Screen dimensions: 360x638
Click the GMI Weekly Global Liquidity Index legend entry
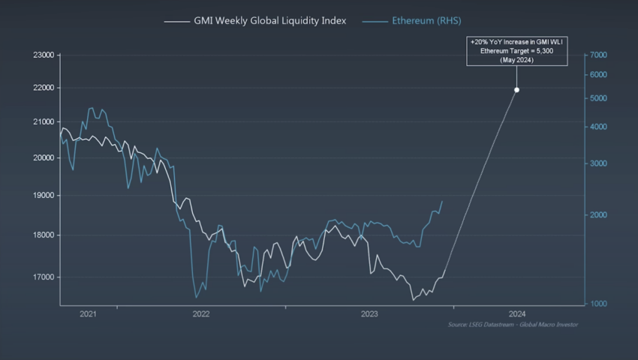255,21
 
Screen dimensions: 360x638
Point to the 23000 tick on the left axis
44,55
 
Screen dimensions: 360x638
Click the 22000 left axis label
44,88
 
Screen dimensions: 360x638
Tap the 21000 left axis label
44,121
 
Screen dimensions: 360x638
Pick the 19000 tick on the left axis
44,196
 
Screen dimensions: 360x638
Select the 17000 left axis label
44,277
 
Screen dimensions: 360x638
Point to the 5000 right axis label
598,98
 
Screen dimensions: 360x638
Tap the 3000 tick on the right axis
598,163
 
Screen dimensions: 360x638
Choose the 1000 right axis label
598,304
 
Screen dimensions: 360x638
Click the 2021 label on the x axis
88,314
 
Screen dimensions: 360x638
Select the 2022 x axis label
200,314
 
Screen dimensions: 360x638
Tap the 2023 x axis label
369,314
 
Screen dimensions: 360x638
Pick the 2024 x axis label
516,314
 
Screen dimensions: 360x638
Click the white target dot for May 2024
516,90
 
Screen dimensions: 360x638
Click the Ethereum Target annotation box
516,52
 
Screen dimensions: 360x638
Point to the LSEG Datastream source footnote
513,324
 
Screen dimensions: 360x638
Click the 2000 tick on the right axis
598,215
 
